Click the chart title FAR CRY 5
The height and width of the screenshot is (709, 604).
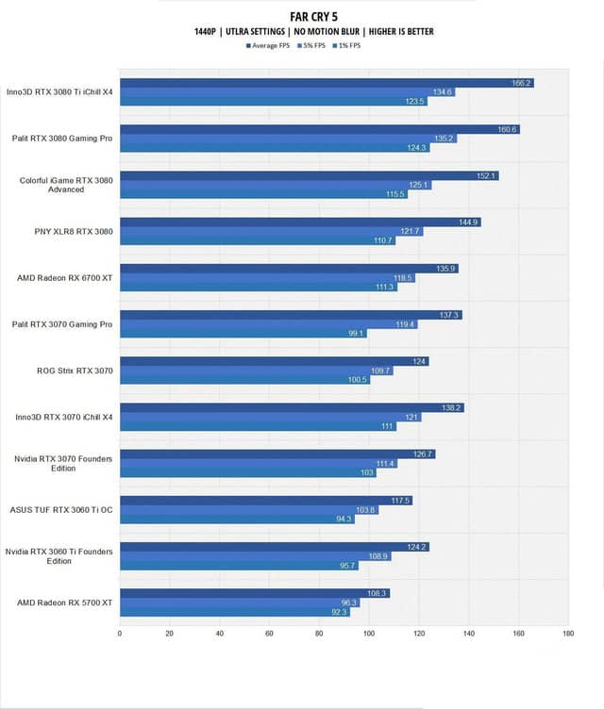click(302, 16)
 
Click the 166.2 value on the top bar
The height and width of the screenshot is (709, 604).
click(522, 83)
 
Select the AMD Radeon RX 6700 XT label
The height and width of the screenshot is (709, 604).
click(65, 277)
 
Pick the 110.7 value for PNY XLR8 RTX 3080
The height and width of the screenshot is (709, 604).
click(383, 240)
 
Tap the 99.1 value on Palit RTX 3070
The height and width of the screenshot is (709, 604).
click(356, 333)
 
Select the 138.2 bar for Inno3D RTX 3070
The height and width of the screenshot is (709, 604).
click(292, 407)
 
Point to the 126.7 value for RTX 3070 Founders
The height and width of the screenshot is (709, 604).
click(423, 453)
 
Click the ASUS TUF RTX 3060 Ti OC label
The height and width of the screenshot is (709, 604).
click(61, 509)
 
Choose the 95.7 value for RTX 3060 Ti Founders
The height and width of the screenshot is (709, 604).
click(347, 565)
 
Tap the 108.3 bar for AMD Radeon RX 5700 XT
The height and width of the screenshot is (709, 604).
click(255, 593)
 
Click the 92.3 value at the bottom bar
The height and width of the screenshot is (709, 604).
click(338, 611)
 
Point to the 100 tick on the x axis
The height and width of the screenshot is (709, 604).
click(368, 635)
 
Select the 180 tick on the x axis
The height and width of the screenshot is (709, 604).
click(567, 635)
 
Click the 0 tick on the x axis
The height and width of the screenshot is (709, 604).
click(120, 635)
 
